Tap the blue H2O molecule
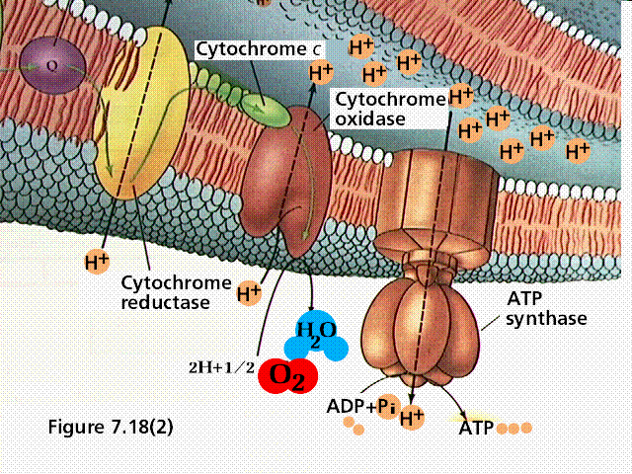[315, 336]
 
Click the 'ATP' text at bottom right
[476, 430]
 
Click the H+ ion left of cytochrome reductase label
[96, 263]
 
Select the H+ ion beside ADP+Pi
[412, 420]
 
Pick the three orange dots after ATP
[514, 430]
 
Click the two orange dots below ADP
[353, 428]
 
